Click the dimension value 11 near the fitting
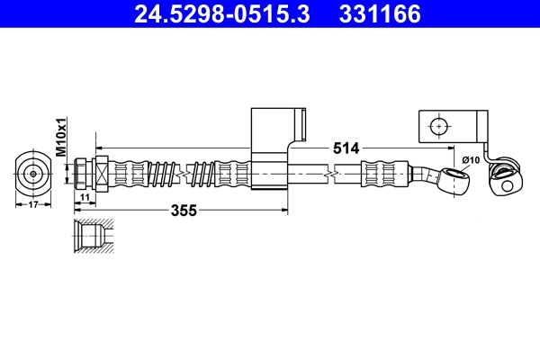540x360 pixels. (x=84, y=197)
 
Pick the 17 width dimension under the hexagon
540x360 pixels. (x=33, y=204)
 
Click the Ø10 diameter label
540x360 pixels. (x=470, y=160)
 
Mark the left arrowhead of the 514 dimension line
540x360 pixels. (x=100, y=146)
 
